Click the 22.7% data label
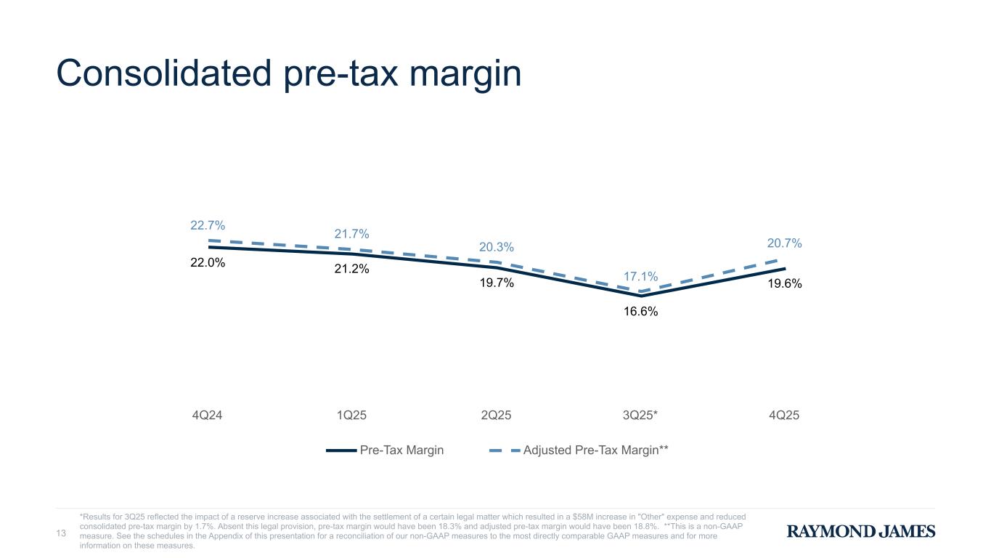click(208, 225)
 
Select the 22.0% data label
click(208, 263)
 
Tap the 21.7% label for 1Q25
click(351, 234)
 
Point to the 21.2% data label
click(351, 270)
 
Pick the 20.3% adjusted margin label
click(497, 248)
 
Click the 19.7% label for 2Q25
click(497, 283)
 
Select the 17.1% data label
click(641, 277)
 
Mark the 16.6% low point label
click(641, 312)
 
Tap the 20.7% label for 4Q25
click(784, 243)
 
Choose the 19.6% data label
click(784, 284)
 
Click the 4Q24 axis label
click(208, 416)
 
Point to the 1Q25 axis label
click(351, 416)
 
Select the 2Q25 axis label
click(497, 416)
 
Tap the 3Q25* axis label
click(641, 416)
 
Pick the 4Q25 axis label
click(784, 416)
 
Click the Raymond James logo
click(861, 532)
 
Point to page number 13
click(62, 534)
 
